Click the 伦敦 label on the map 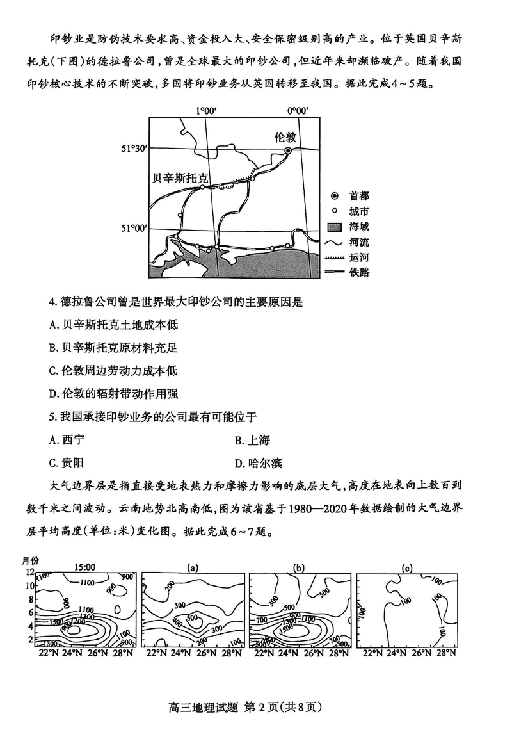point(285,137)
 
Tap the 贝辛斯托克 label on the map point(182,178)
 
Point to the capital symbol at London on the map point(288,150)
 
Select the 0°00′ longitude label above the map point(298,110)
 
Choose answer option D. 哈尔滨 point(259,463)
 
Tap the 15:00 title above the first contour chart point(84,567)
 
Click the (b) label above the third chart point(298,567)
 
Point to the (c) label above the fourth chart point(408,567)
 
